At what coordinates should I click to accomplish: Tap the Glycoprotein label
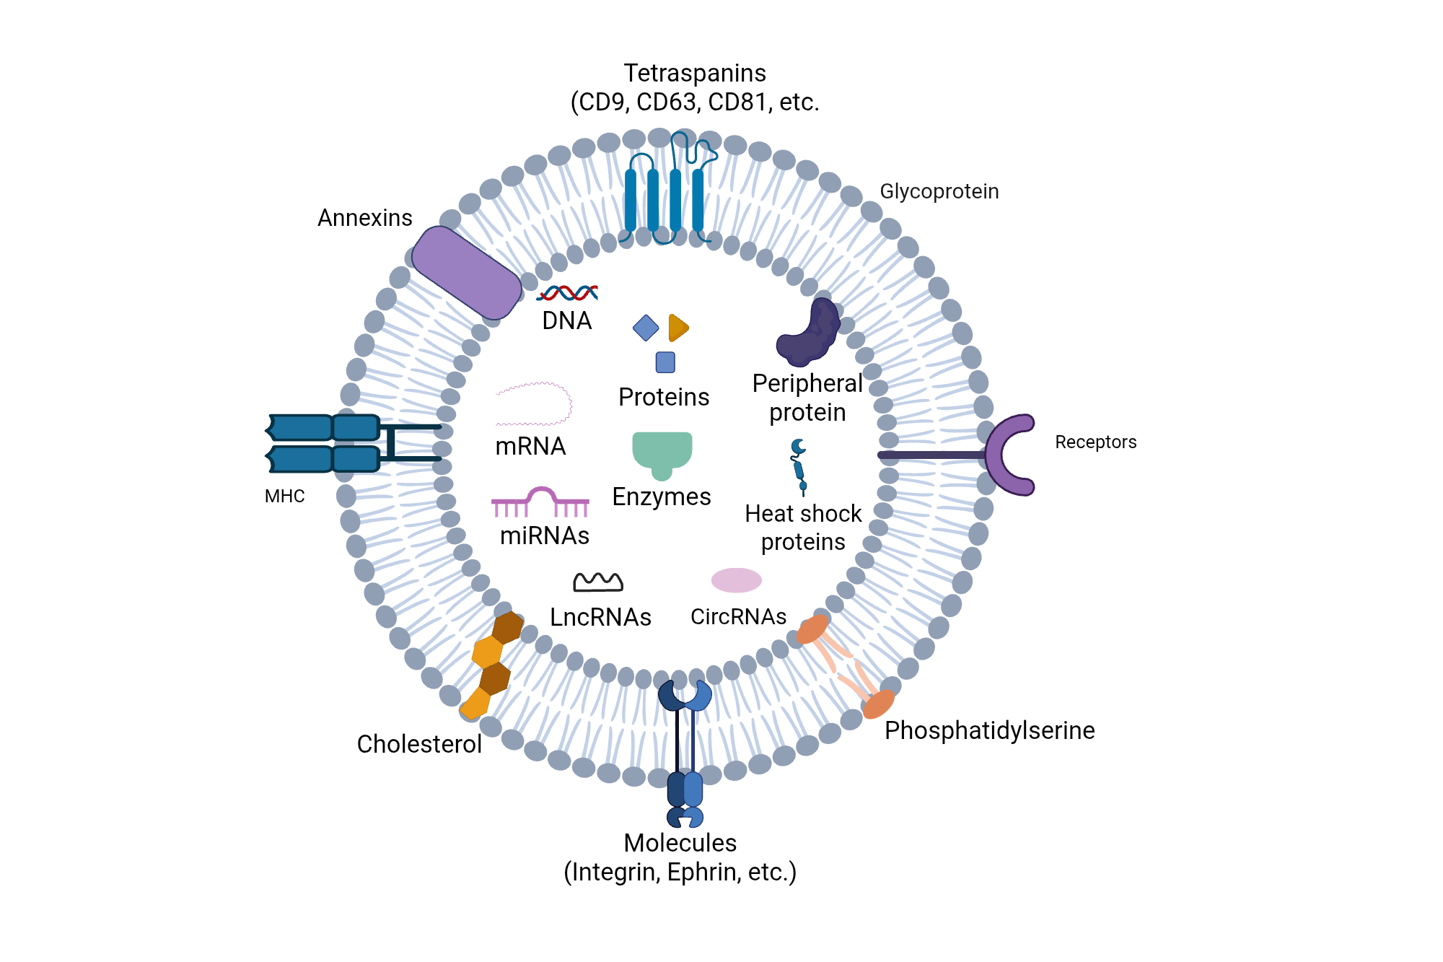coord(939,191)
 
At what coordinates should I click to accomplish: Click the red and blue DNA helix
coord(568,292)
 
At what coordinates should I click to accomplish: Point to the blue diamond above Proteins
coord(646,328)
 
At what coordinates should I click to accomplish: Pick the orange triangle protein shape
coord(677,328)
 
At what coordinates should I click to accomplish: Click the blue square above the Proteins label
coord(665,362)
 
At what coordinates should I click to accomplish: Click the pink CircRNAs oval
coord(736,580)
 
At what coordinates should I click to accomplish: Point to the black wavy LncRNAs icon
coord(598,582)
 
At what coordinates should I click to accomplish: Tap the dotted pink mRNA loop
coord(534,404)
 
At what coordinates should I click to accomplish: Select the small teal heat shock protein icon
coord(799,466)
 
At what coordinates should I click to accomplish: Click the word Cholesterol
coord(419,744)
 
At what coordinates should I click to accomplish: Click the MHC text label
coord(284,497)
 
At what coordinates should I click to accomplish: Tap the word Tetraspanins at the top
coord(695,74)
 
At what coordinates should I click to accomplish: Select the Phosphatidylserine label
coord(989,730)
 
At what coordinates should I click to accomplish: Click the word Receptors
coord(1095,442)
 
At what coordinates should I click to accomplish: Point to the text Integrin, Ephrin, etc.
coord(680,872)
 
